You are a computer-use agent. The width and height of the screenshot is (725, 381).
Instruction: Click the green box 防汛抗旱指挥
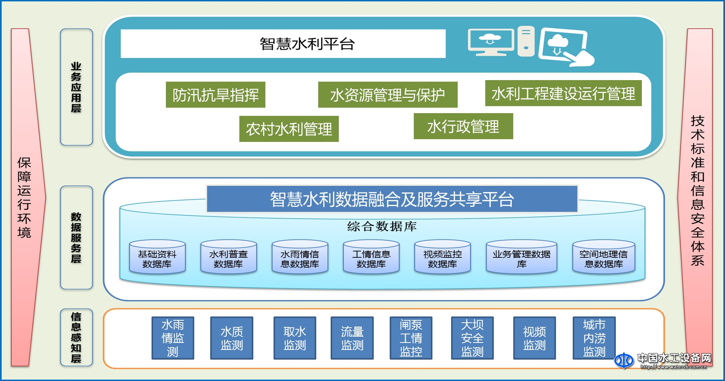coord(215,94)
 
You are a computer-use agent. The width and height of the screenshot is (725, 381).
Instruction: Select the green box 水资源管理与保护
coord(387,94)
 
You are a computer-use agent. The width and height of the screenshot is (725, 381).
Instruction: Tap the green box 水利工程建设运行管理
coord(563,93)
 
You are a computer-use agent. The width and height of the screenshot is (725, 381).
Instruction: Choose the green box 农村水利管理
coord(289,129)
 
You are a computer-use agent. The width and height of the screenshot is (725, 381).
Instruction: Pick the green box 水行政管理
coord(463,126)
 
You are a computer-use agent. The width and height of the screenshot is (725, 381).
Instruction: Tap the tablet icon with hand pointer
coord(565,47)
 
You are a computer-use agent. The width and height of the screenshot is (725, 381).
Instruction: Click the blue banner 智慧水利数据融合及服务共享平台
coord(392,199)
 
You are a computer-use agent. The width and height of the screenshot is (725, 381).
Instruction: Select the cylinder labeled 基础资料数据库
coord(157,258)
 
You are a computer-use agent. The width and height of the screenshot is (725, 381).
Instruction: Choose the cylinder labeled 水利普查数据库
coord(228,258)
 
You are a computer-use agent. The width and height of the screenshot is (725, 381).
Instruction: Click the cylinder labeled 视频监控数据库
coord(443,258)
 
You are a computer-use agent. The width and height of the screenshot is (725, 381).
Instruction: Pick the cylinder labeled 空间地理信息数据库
coord(603,258)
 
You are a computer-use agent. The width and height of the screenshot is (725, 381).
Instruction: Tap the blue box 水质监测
coord(232,338)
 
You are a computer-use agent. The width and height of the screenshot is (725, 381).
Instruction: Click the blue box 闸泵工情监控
coord(411,338)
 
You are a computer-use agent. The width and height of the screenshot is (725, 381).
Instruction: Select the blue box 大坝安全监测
coord(472,338)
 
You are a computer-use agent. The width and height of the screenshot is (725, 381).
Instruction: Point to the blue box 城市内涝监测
coord(594,338)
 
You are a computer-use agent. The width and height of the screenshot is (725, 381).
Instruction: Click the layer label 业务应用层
coord(76,87)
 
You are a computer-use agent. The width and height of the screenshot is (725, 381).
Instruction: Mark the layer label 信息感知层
coord(76,337)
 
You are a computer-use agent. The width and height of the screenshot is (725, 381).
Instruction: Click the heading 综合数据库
coord(382,226)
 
